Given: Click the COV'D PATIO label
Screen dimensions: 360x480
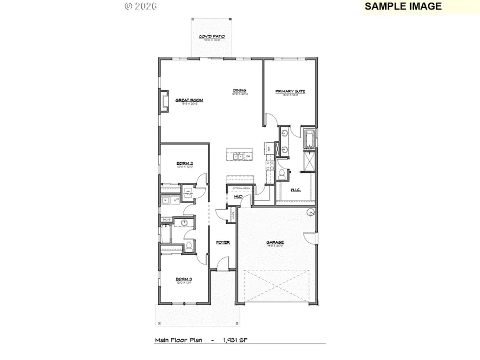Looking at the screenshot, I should click(x=212, y=37).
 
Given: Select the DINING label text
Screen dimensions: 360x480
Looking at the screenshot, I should click(x=239, y=90).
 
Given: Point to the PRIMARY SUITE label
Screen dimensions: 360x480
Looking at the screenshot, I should click(x=290, y=91).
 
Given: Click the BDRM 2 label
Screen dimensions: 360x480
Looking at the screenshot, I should click(x=185, y=164).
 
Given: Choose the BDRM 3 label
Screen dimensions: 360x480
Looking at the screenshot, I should click(x=184, y=279).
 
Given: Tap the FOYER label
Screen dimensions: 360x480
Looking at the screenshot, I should click(x=223, y=242).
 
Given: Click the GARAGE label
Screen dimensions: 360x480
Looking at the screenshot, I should click(x=275, y=243).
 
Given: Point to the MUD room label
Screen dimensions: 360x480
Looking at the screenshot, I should click(x=239, y=197).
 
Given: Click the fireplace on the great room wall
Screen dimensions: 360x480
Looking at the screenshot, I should click(x=165, y=101).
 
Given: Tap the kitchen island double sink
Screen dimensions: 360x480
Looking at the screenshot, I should click(x=238, y=156).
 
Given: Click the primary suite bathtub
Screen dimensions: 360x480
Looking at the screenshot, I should click(x=309, y=140).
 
